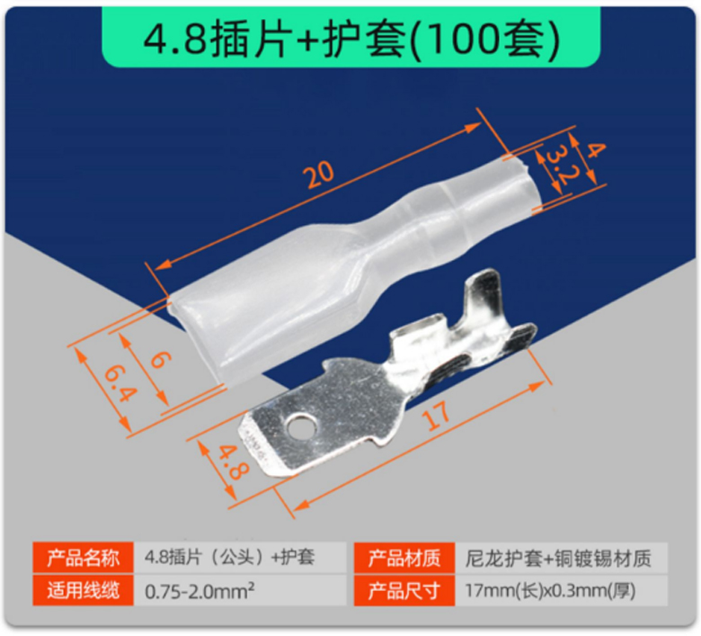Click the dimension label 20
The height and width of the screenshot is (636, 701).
point(319,174)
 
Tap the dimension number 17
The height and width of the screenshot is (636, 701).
point(437,416)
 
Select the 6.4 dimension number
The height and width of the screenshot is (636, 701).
point(120,383)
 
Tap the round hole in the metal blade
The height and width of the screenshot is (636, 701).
point(301,425)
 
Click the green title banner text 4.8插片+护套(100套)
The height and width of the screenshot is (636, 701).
point(351,39)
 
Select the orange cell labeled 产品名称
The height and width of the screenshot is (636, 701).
point(84,558)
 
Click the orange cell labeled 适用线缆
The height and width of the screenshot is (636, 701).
point(84,590)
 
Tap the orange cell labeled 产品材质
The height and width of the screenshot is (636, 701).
point(404,558)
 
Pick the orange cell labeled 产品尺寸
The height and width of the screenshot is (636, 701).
point(404,590)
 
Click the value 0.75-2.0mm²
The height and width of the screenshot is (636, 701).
point(200,591)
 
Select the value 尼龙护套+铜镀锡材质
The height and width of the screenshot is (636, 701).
point(558,558)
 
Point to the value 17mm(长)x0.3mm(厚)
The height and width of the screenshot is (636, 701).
point(550,591)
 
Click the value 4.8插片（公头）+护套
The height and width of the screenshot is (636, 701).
point(230,558)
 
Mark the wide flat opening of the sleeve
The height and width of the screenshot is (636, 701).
point(197,340)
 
